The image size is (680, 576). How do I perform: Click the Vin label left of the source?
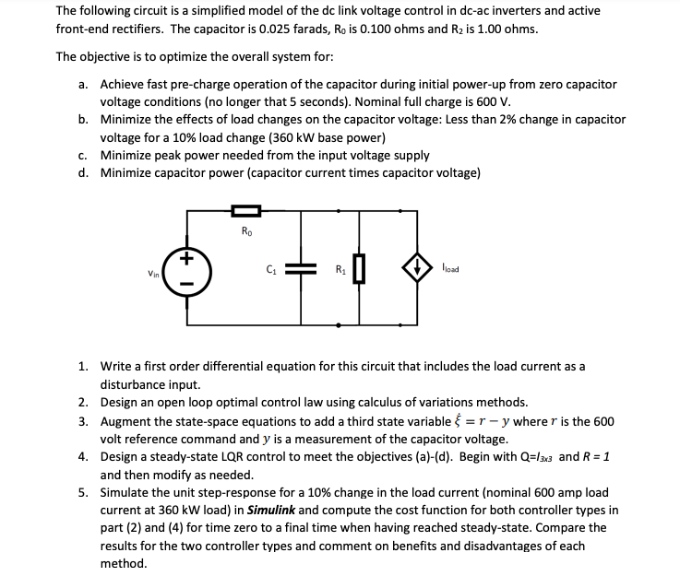(x=152, y=274)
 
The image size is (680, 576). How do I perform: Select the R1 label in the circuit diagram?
(x=339, y=270)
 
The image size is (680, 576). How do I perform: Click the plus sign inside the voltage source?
(x=191, y=259)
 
